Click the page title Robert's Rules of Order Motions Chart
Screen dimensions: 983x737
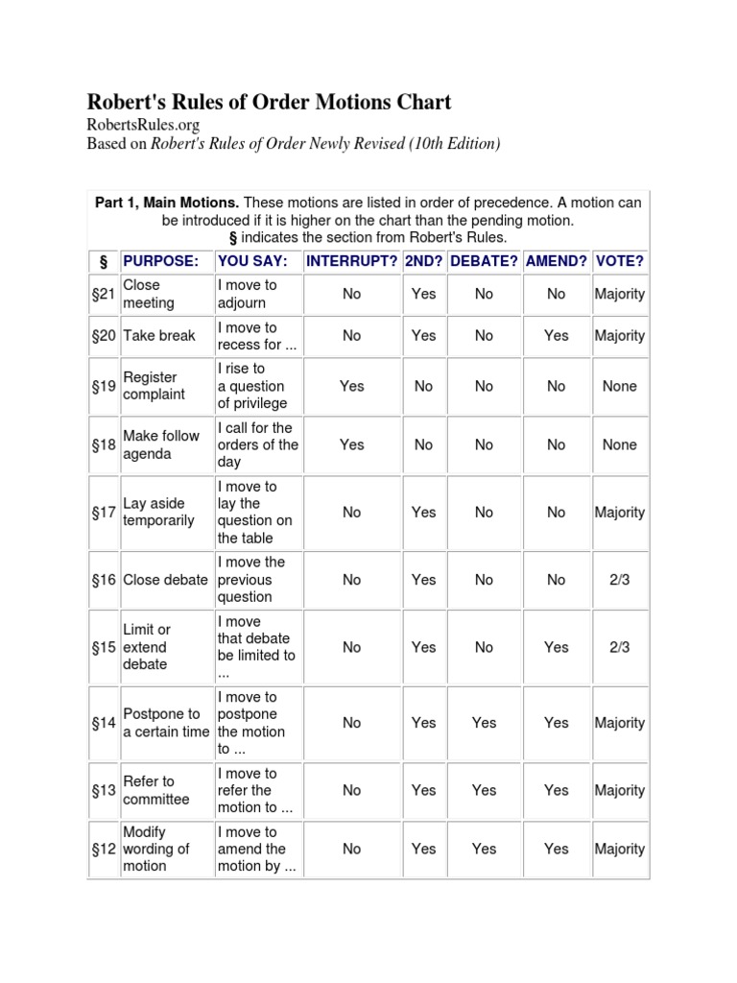coord(269,102)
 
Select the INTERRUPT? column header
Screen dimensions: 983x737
coord(351,261)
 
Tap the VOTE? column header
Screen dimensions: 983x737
coord(619,261)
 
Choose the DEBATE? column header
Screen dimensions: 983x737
coord(484,261)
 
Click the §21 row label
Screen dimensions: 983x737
coord(104,294)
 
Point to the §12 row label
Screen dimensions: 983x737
coord(104,849)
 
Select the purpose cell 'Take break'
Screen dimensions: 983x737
coord(159,336)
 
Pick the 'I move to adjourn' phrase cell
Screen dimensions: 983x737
coord(247,294)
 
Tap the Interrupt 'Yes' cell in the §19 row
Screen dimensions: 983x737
coord(351,386)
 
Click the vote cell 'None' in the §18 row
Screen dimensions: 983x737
coord(619,444)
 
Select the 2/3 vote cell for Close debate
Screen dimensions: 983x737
coord(619,580)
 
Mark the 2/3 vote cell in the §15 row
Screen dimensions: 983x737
coord(619,647)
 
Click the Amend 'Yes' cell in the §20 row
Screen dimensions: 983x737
coord(556,336)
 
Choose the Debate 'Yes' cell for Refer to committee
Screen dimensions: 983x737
coord(484,790)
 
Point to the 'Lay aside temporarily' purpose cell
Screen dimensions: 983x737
coord(158,512)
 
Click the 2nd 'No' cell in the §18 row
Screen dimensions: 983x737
coord(423,444)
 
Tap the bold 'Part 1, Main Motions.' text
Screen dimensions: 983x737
coord(167,203)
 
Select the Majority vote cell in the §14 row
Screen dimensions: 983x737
coord(619,723)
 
